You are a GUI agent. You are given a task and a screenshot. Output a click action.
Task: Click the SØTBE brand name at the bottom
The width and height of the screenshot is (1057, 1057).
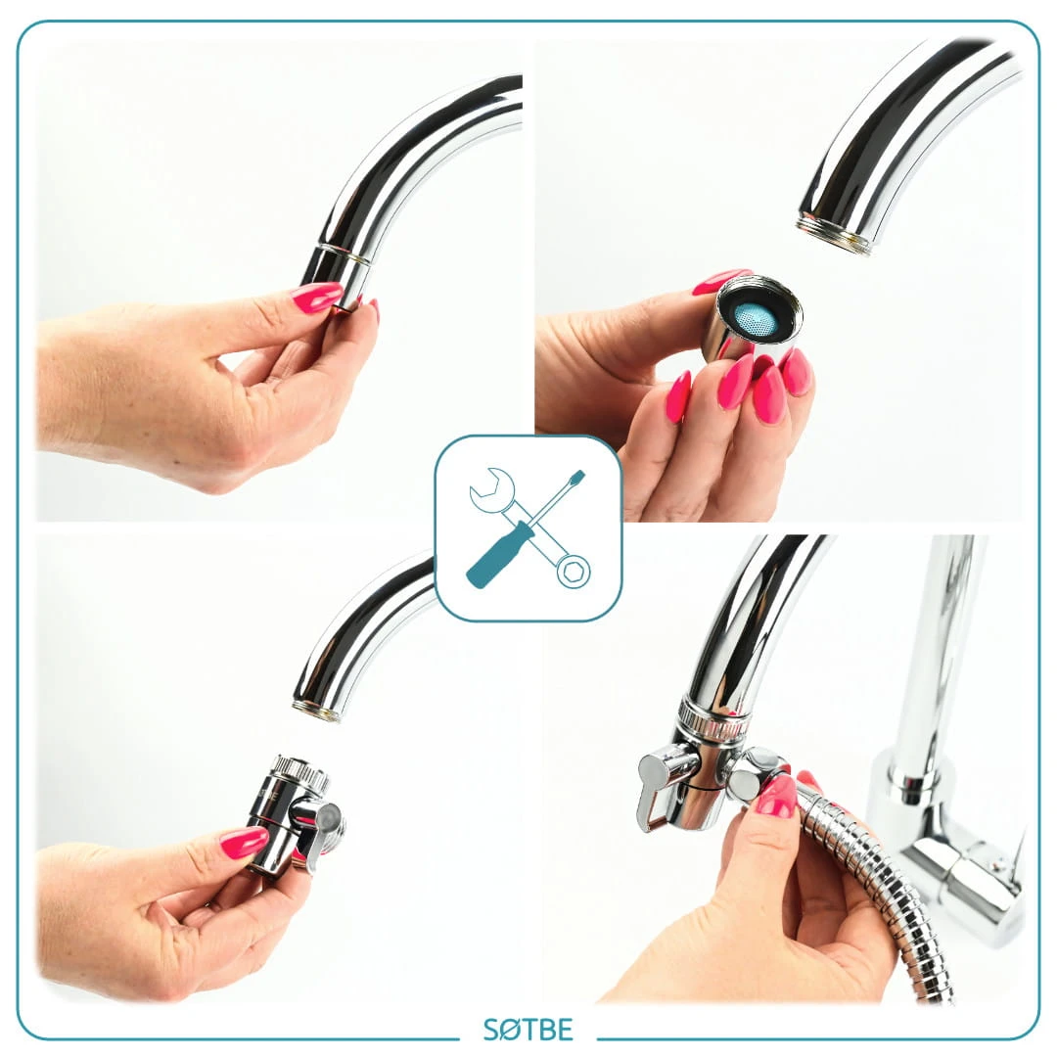tap(528, 1030)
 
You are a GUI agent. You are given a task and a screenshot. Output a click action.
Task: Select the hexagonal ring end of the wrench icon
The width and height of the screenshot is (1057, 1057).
tap(574, 571)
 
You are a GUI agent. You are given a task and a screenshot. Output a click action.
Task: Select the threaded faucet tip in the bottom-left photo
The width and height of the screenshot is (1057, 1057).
tap(318, 712)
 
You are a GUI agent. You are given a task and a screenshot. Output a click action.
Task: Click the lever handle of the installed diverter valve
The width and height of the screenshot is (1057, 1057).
tap(658, 789)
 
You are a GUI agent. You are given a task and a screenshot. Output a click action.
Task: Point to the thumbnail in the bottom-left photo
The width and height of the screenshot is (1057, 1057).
tap(244, 843)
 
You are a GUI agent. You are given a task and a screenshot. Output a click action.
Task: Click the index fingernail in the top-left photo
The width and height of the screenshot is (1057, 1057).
tap(316, 296)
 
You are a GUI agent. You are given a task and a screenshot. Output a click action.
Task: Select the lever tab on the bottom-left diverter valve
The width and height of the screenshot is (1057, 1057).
tap(318, 830)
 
